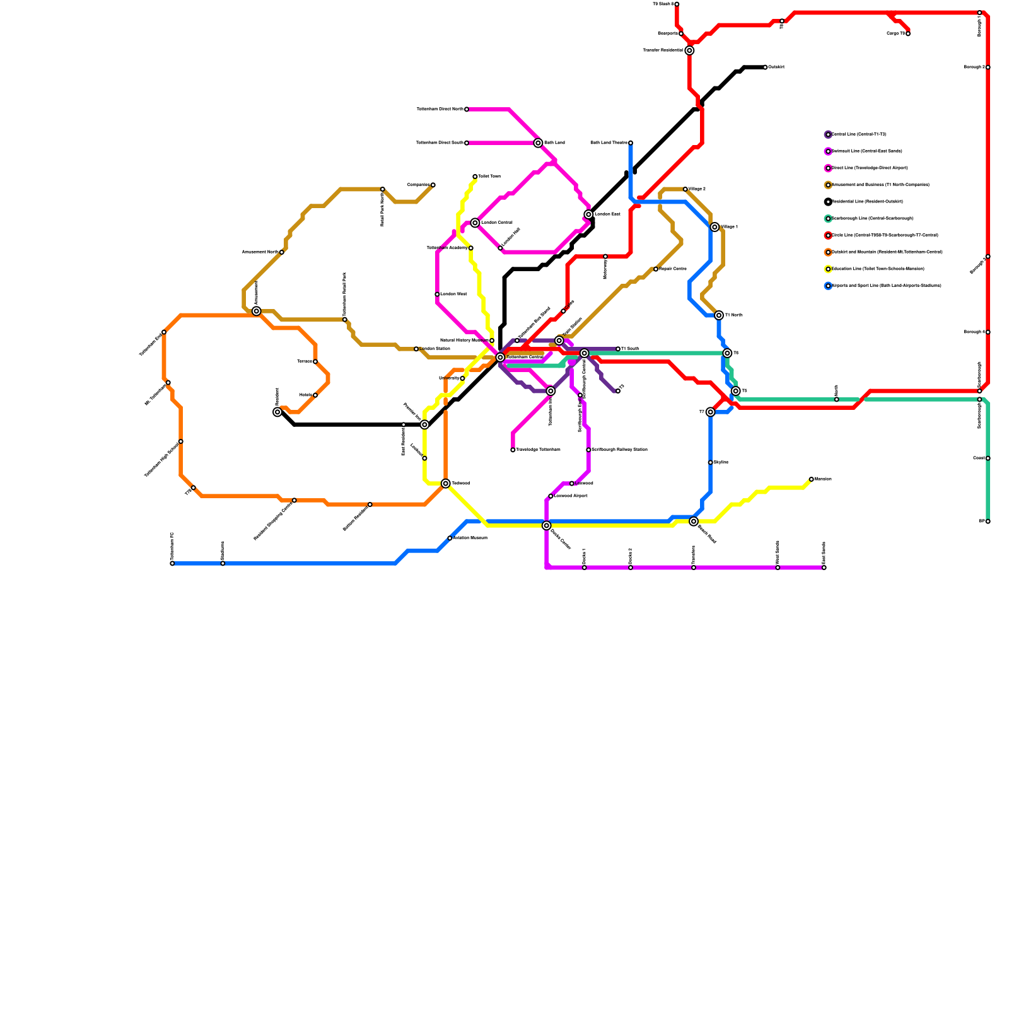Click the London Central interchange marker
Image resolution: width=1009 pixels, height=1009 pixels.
point(475,223)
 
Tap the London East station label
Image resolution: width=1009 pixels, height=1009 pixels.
point(607,214)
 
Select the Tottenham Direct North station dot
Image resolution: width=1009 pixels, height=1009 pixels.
point(467,110)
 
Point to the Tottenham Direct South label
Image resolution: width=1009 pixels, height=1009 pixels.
point(440,143)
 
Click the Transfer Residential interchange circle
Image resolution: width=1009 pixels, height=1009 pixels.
point(690,50)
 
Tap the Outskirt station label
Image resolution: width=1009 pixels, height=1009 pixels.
point(776,67)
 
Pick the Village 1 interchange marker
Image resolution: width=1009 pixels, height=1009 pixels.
point(714,227)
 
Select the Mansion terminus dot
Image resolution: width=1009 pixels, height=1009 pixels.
point(812,479)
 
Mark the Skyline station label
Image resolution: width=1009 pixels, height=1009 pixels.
point(721,462)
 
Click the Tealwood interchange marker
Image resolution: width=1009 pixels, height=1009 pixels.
point(446,484)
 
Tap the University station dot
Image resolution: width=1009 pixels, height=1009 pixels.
point(463,378)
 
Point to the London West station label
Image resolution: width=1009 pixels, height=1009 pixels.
point(453,295)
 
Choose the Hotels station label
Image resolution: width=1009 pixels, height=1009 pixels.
point(305,395)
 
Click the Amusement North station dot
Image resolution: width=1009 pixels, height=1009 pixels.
point(282,252)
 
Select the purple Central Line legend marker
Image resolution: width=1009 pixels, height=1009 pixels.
point(828,134)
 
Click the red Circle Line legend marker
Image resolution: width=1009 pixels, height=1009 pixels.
point(828,235)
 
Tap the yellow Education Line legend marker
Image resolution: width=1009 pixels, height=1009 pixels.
point(828,269)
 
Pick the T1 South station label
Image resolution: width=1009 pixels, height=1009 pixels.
point(630,349)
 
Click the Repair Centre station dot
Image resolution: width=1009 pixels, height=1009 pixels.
point(656,269)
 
